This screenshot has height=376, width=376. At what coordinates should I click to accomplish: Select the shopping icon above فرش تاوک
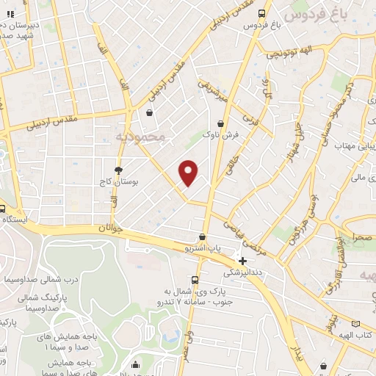click(221, 124)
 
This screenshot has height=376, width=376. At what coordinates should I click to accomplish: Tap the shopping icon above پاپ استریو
click(202, 237)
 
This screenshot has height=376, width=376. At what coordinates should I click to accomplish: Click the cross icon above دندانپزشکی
click(242, 261)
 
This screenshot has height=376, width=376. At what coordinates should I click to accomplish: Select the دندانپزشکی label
click(242, 271)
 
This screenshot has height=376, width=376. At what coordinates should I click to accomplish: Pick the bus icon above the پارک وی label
click(194, 279)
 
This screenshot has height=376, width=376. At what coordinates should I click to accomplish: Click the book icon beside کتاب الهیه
click(356, 323)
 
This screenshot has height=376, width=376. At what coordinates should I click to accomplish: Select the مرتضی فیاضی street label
click(256, 241)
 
